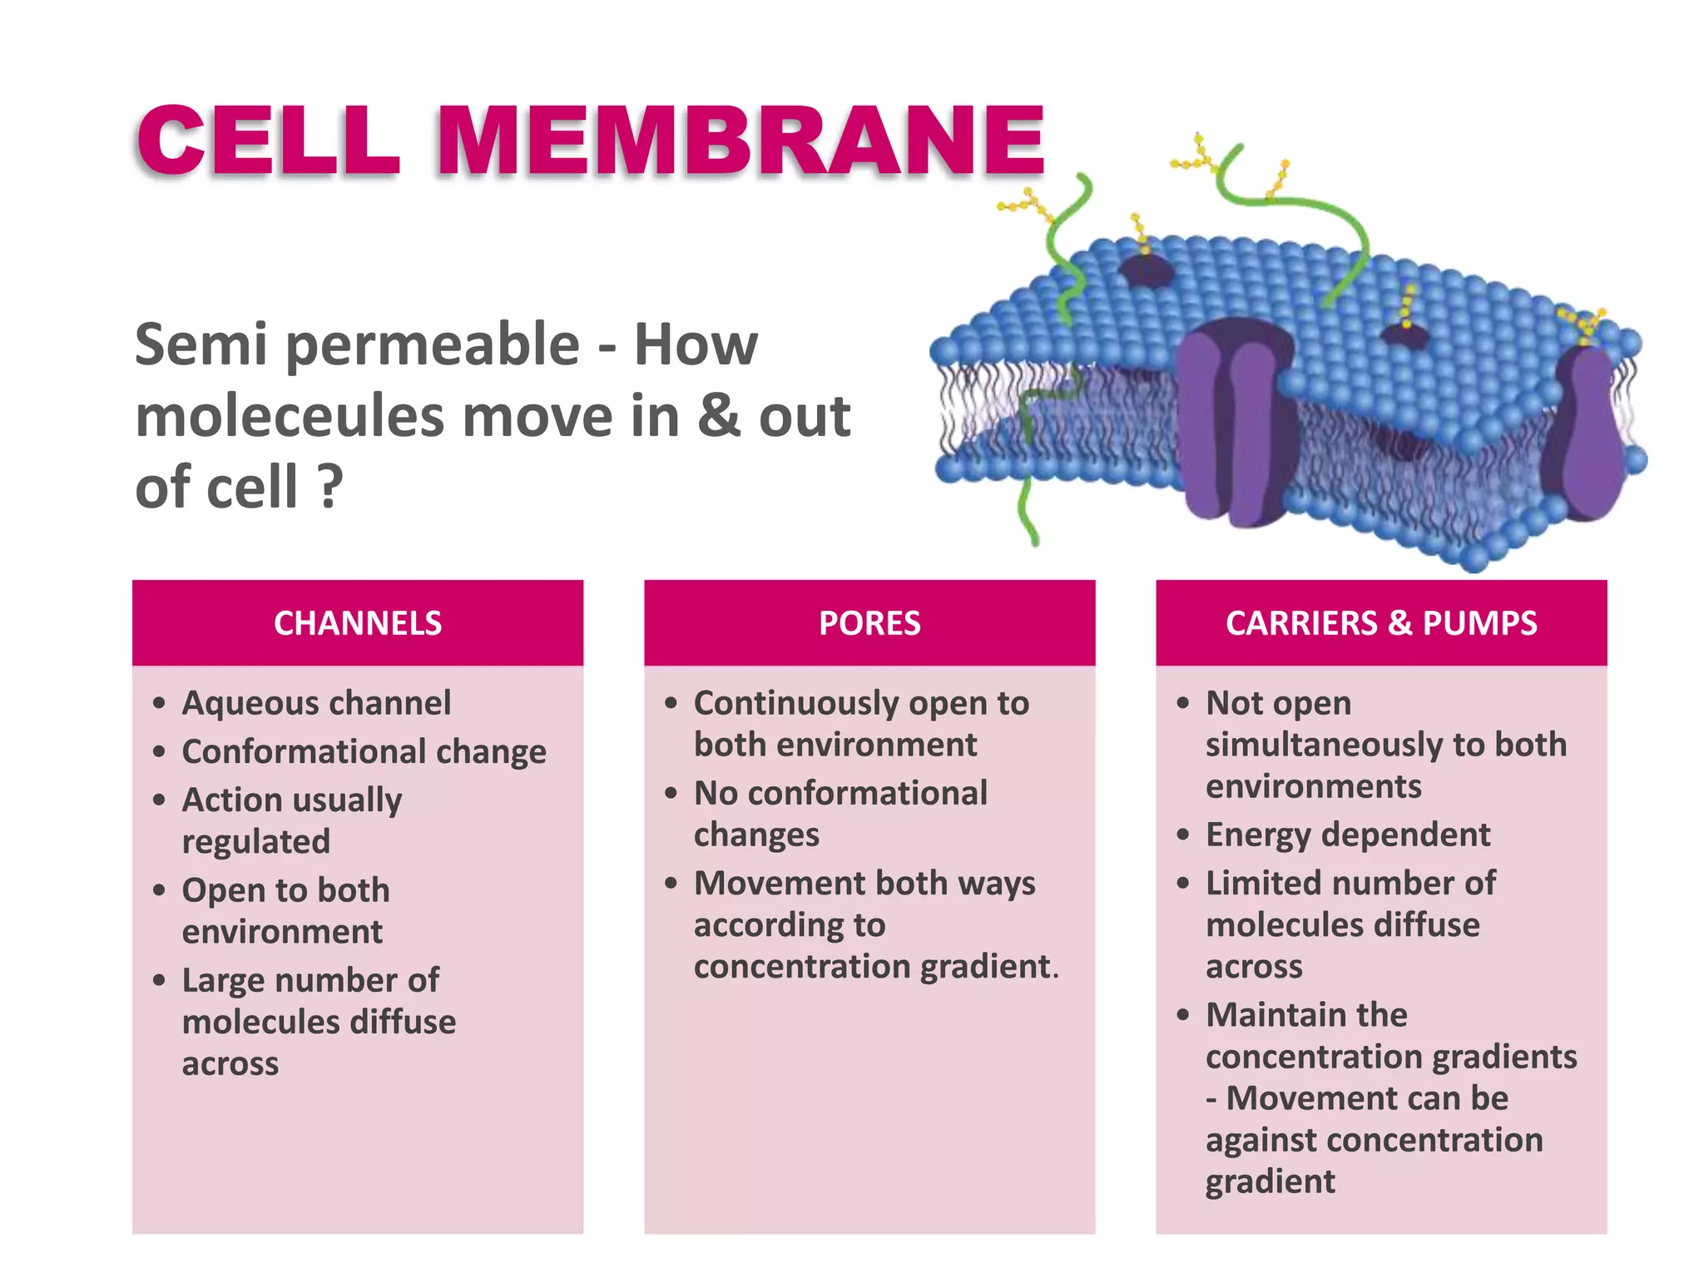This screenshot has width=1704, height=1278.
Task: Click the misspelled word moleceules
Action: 290,416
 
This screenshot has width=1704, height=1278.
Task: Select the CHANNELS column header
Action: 358,623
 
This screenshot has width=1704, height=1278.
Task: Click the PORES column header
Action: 869,623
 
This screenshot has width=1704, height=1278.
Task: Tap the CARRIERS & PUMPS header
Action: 1381,623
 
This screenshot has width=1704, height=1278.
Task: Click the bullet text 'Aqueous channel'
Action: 316,703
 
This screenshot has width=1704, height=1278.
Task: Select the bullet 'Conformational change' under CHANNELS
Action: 364,751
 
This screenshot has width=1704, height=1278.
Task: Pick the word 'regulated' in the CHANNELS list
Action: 256,841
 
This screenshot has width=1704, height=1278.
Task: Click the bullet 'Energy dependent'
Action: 1348,835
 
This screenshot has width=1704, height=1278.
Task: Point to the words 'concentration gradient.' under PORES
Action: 875,967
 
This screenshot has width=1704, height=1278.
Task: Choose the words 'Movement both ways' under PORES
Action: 864,884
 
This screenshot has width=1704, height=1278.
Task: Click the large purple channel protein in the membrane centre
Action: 1236,424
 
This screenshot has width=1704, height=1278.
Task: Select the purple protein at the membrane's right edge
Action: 1585,433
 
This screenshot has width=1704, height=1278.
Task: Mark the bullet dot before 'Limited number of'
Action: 1183,884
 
